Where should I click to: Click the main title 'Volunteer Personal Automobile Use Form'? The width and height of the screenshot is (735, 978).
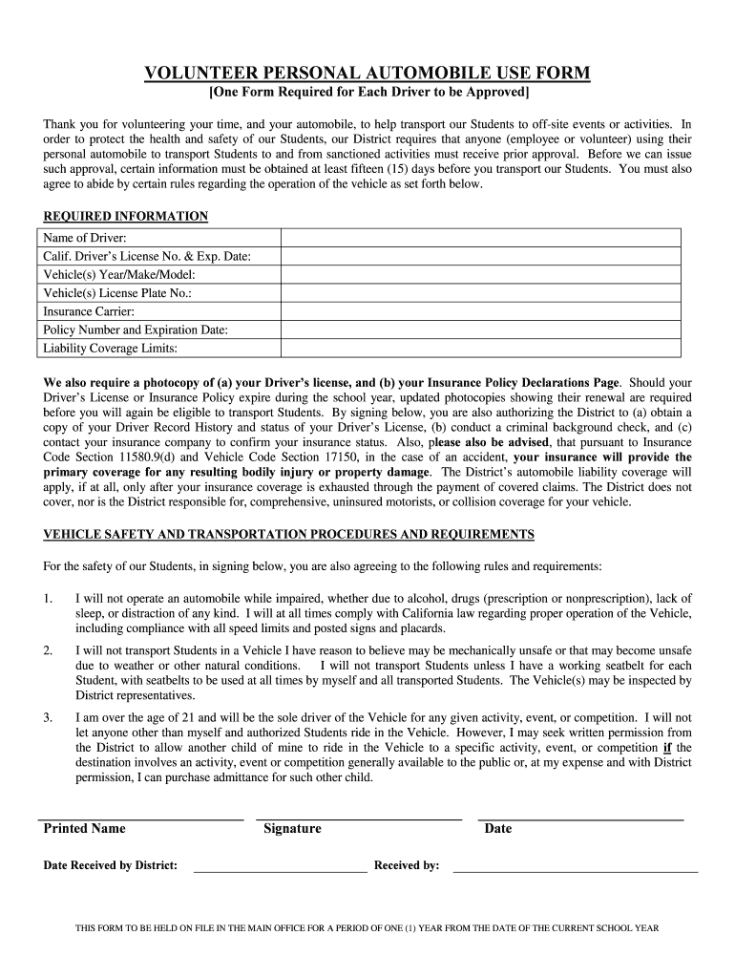[x=367, y=73]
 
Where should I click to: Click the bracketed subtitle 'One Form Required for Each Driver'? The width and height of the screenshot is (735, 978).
[x=368, y=93]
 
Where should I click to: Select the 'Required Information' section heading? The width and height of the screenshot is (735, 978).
[x=125, y=217]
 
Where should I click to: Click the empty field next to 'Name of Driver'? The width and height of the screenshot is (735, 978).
[x=480, y=238]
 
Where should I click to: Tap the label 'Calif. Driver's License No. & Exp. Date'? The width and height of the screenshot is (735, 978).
[x=147, y=256]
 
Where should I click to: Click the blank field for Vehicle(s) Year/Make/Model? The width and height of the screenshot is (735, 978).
[x=480, y=274]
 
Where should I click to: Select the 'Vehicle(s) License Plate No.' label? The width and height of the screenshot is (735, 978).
[x=124, y=293]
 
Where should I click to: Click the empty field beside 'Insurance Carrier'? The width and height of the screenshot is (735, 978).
[x=480, y=311]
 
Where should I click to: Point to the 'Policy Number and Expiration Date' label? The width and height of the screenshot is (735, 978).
[x=136, y=330]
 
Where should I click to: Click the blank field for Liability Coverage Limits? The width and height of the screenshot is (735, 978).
[x=480, y=348]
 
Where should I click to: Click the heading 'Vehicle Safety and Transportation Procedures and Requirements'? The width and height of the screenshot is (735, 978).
[x=289, y=534]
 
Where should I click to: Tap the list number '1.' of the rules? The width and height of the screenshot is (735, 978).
[x=48, y=598]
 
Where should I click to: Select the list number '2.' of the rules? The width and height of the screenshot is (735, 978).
[x=48, y=650]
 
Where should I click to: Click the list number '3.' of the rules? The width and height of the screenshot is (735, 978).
[x=48, y=717]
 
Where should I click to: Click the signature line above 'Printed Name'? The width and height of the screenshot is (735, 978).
[x=140, y=819]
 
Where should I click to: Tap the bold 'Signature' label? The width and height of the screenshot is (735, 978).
[x=292, y=829]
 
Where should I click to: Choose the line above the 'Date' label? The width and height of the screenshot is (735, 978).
[x=580, y=819]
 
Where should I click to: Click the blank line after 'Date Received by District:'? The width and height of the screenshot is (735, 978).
[x=280, y=870]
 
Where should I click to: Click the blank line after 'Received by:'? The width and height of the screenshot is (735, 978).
[x=575, y=870]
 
